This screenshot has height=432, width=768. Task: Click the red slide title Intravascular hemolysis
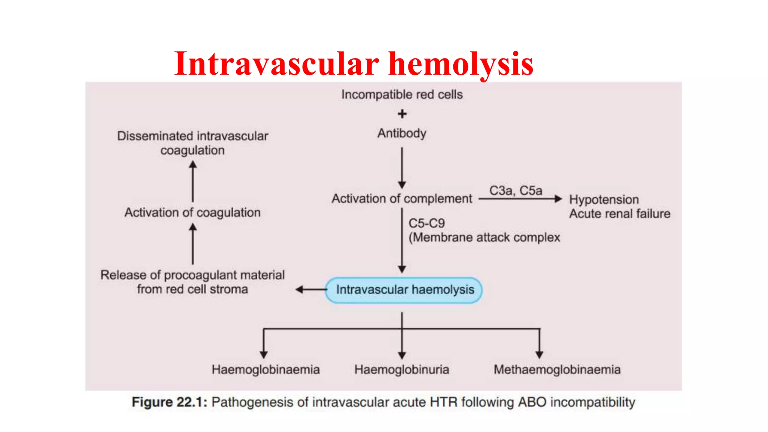point(354,64)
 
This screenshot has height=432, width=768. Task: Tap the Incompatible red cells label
point(402,94)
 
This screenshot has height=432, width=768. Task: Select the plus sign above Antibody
point(402,114)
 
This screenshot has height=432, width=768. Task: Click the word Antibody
point(402,133)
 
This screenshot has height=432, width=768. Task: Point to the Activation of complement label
point(402,198)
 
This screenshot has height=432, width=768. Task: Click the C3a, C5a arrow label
point(516,190)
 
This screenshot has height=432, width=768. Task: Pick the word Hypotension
point(604,199)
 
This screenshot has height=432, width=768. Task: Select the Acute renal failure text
point(619,214)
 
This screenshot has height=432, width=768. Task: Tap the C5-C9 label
point(427,223)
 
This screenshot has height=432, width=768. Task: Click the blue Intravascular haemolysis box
point(404,290)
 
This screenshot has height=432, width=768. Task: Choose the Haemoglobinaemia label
point(265,370)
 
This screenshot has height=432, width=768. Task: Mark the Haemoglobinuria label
point(402,370)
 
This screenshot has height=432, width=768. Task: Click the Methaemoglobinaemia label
point(557,370)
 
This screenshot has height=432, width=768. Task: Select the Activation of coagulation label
point(192,213)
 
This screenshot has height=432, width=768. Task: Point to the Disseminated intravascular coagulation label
point(192,143)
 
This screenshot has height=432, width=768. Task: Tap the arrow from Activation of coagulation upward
point(193,181)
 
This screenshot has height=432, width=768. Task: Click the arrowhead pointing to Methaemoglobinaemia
point(539,354)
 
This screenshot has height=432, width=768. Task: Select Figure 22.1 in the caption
point(169,402)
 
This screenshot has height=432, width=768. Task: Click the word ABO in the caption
point(532,402)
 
